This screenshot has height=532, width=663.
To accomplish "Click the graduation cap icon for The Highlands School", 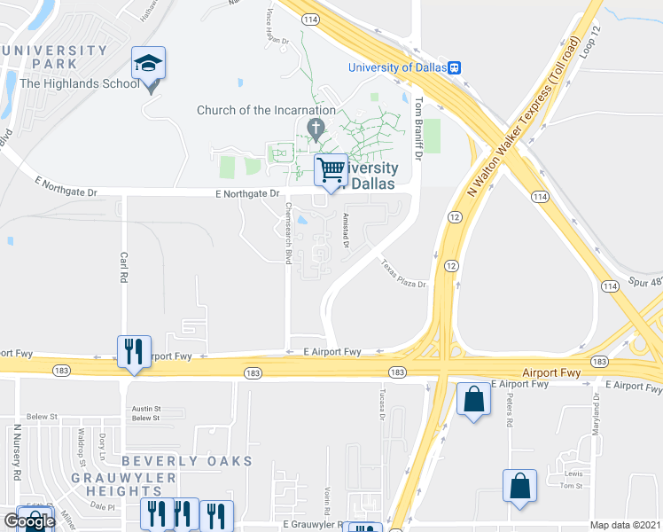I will (x=149, y=64).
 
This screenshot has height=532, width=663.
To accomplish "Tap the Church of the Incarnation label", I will (x=266, y=111).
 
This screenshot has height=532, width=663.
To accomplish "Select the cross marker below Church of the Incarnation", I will (x=315, y=130).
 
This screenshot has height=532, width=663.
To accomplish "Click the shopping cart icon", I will (x=331, y=169).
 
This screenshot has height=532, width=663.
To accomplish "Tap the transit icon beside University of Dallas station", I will (x=455, y=67).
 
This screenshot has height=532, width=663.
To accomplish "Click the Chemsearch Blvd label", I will (x=288, y=233).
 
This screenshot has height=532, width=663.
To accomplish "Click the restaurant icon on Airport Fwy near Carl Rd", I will (x=134, y=351).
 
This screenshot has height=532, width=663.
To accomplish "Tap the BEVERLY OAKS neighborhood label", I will (x=187, y=461).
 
